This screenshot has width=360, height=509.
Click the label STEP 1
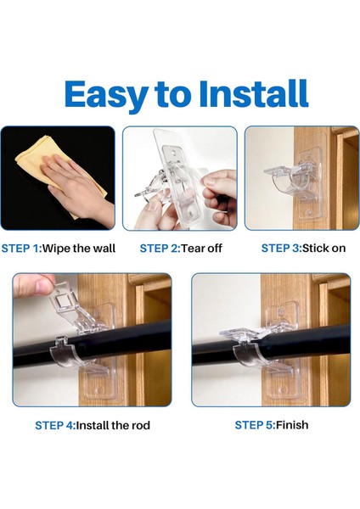click(x=20, y=249)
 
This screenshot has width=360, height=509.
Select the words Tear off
click(x=201, y=249)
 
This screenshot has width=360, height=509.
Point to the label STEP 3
click(x=280, y=249)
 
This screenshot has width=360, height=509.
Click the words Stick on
click(x=324, y=249)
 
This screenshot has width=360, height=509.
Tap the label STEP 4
click(x=54, y=425)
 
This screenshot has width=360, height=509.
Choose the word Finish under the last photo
click(x=292, y=425)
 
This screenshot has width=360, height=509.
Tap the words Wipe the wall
click(x=79, y=249)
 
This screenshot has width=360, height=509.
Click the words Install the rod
click(x=113, y=425)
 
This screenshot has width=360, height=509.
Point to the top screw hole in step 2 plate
click(x=172, y=152)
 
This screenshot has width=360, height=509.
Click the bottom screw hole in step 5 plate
click(x=283, y=389)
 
